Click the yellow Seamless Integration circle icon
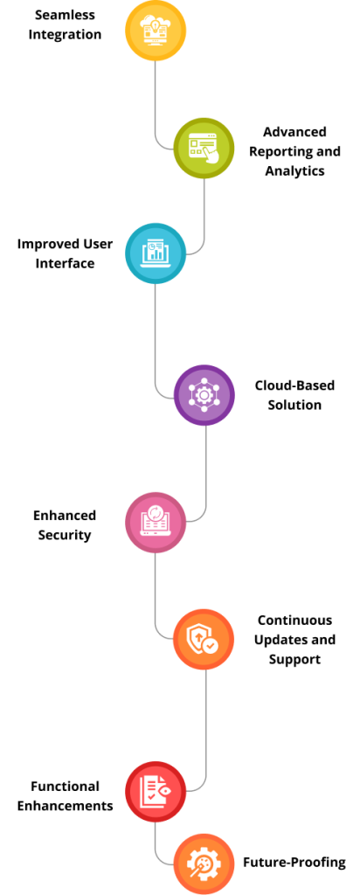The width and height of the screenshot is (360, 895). [x=156, y=31]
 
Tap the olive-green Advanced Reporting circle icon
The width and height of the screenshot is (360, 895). [x=204, y=149]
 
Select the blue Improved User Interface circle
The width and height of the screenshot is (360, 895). [x=156, y=253]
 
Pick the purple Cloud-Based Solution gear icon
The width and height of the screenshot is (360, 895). [x=204, y=395]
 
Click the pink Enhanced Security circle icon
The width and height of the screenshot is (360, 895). [x=156, y=523]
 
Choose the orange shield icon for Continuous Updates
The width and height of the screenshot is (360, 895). [x=204, y=639]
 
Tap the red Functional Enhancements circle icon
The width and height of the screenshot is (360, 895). [x=156, y=792]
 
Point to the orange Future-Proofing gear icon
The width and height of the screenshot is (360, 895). [x=204, y=864]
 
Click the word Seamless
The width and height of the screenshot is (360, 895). [x=65, y=15]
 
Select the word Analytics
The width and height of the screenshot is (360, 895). [x=294, y=170]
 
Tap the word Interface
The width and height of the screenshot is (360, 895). [x=65, y=263]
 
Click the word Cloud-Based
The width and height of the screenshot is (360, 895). [x=294, y=385]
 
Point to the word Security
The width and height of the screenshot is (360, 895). [x=65, y=536]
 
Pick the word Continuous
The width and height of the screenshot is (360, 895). [x=294, y=620]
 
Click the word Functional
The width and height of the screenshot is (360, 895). [x=65, y=787]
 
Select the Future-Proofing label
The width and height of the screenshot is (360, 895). [x=294, y=862]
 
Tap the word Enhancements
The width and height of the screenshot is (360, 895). [x=65, y=806]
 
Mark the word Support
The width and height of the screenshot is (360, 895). [x=294, y=659]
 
